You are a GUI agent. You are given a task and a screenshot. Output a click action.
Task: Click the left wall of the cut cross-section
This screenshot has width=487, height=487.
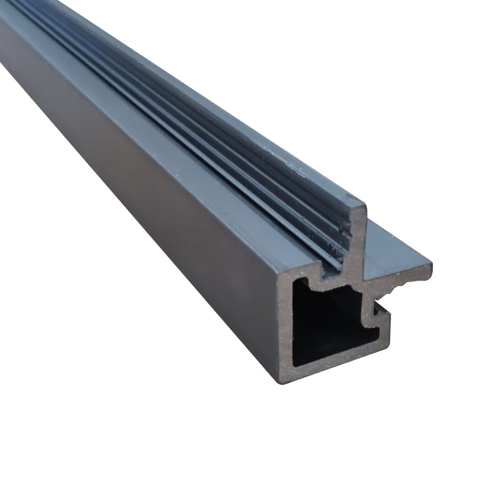[x=284, y=329]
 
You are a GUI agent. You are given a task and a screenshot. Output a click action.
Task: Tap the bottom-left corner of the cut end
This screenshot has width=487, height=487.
[x=281, y=380]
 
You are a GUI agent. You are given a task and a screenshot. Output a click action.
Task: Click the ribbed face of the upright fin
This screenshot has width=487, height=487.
[x=243, y=152]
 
